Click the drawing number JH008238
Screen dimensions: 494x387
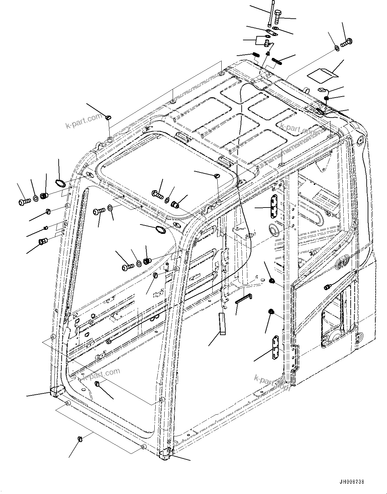pos(352,482)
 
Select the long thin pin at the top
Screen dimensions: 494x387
pos(271,14)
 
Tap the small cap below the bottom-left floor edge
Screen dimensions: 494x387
pos(80,438)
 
